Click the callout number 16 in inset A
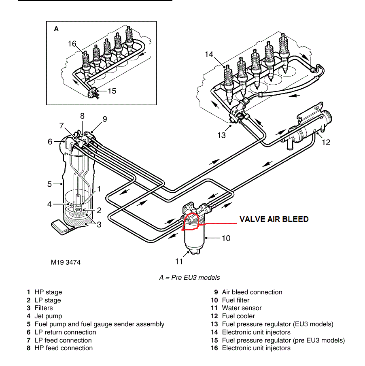click(x=72, y=44)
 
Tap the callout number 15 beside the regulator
click(x=112, y=91)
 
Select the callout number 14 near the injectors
click(x=209, y=54)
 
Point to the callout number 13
click(x=221, y=135)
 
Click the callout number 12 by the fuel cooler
click(x=326, y=142)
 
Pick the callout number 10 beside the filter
click(x=226, y=238)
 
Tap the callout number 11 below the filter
click(x=179, y=262)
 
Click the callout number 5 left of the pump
click(x=49, y=184)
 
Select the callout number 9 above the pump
click(x=104, y=119)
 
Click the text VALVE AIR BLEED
click(x=274, y=219)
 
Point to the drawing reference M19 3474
click(x=66, y=262)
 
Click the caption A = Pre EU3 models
click(x=189, y=277)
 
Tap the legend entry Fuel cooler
click(x=238, y=316)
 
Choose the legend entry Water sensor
click(x=242, y=308)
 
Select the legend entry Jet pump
click(x=48, y=316)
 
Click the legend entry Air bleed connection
click(x=252, y=292)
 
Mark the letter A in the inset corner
click(x=56, y=29)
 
